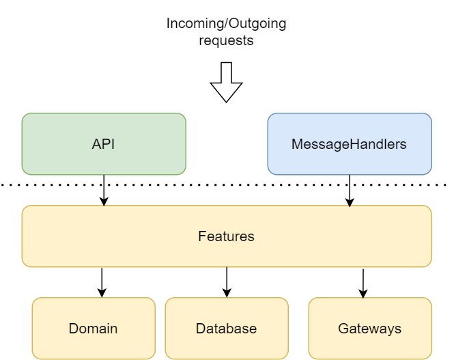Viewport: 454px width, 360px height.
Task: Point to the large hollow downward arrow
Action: [226, 82]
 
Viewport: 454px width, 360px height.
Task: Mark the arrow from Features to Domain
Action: [102, 282]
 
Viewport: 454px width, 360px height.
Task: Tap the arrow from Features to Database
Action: [227, 282]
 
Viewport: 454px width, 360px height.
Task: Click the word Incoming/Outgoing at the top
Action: [226, 24]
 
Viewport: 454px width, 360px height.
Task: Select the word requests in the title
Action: [226, 41]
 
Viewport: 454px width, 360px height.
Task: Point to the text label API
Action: [104, 144]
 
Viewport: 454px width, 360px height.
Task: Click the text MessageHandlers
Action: [349, 144]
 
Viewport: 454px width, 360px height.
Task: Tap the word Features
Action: [226, 236]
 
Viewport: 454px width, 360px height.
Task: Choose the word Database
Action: [226, 329]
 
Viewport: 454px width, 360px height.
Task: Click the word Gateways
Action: [369, 329]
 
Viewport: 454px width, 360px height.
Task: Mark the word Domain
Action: [93, 329]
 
